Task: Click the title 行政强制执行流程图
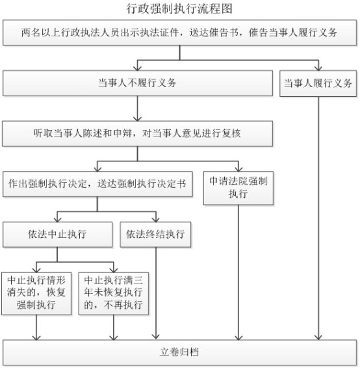(179, 9)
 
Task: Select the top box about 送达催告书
(179, 33)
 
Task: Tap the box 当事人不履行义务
(138, 83)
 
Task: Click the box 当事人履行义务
(318, 83)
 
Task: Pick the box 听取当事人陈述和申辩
(137, 133)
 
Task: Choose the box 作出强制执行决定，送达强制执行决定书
(97, 184)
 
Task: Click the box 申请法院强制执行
(238, 188)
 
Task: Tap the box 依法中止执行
(57, 235)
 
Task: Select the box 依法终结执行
(155, 235)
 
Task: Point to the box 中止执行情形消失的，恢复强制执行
(36, 293)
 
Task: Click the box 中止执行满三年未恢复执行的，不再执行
(114, 293)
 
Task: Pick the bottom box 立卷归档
(179, 352)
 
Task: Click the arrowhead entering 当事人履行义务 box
(318, 68)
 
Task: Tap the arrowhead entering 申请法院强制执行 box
(238, 169)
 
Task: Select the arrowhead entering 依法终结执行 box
(156, 220)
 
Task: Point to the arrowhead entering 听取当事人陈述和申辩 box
(137, 118)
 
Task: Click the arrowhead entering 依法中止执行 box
(57, 220)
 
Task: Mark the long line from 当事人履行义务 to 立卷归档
(318, 218)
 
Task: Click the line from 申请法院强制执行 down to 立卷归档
(238, 272)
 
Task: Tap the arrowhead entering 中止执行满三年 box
(114, 270)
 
